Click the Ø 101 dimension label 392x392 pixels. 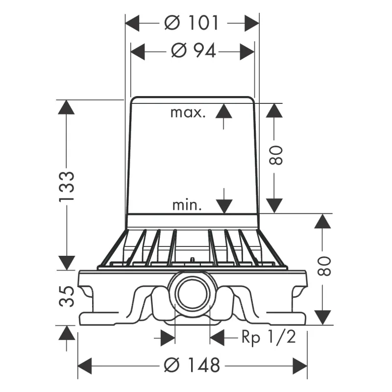191,23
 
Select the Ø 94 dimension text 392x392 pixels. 193,51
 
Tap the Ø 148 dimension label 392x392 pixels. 192,365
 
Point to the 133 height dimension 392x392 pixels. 67,186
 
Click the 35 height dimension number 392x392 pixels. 67,296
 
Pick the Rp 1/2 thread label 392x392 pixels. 269,337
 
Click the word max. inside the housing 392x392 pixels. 188,113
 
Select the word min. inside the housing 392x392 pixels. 187,205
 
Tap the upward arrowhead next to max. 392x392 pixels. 224,111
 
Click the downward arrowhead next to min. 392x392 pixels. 224,206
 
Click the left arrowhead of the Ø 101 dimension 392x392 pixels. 132,23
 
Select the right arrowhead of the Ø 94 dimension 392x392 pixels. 247,52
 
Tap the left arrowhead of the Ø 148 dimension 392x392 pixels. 85,366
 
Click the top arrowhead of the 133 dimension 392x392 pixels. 66,107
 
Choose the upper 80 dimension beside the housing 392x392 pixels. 276,155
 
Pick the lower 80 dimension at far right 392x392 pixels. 324,266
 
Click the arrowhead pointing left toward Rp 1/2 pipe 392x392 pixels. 217,338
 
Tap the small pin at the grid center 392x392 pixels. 192,260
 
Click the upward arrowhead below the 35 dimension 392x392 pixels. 67,333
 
